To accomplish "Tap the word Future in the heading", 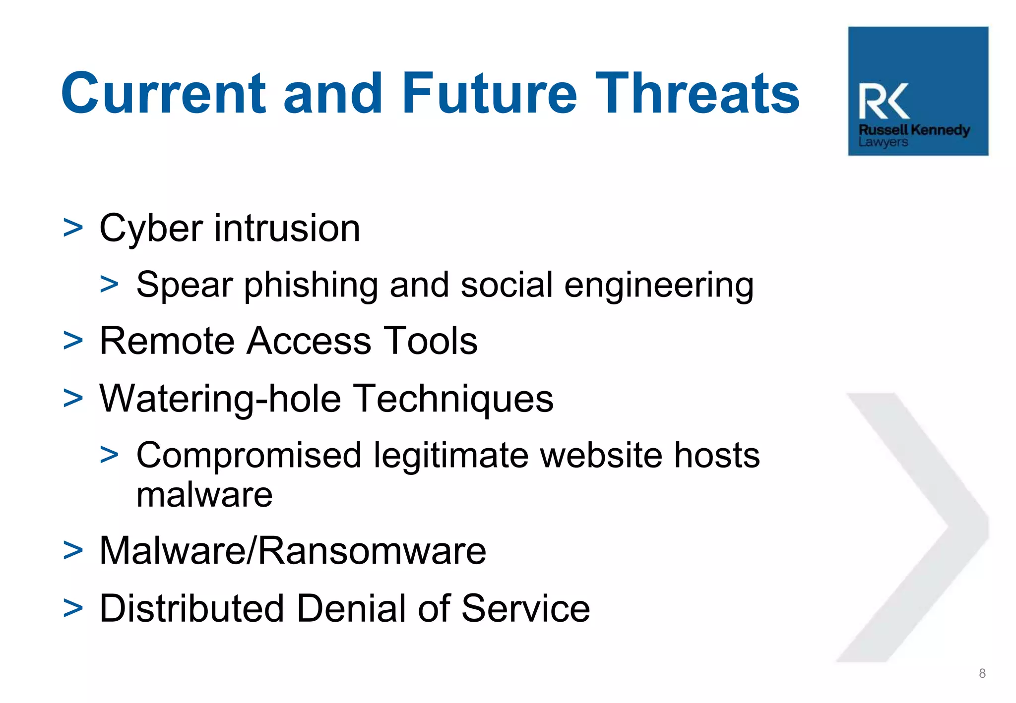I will click(x=489, y=93).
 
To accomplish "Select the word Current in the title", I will click(x=164, y=93).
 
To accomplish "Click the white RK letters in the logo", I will click(x=884, y=101).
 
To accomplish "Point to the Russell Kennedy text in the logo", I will click(x=914, y=130).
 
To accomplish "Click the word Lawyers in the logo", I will click(x=883, y=142).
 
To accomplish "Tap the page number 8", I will click(x=982, y=673).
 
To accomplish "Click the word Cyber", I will click(x=151, y=229).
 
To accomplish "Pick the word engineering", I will click(x=659, y=286).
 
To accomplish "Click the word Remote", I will click(x=167, y=341).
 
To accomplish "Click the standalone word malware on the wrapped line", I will click(x=204, y=495).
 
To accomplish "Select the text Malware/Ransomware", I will click(x=293, y=551).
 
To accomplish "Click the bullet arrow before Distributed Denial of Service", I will click(x=73, y=608).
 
